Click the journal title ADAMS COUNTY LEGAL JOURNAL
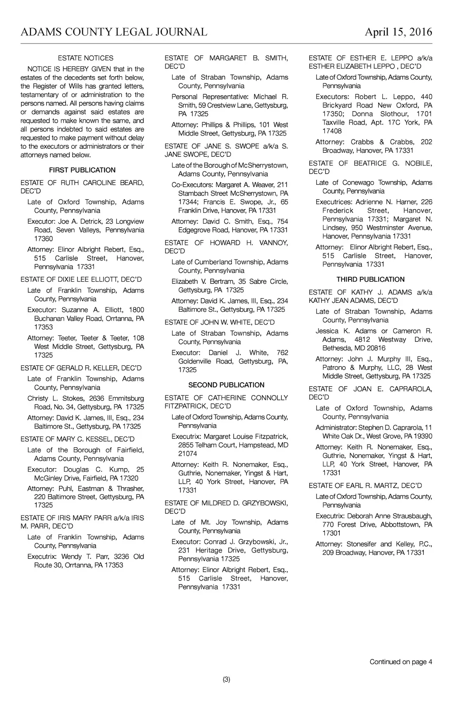click(x=114, y=32)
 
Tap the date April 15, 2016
click(x=398, y=32)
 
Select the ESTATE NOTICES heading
click(x=85, y=58)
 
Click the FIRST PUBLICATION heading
click(x=82, y=170)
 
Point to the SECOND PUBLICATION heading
click(x=226, y=385)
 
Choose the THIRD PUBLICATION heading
click(x=370, y=279)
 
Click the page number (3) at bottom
click(x=226, y=679)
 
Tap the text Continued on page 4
click(x=401, y=662)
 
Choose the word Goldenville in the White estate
click(x=195, y=361)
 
